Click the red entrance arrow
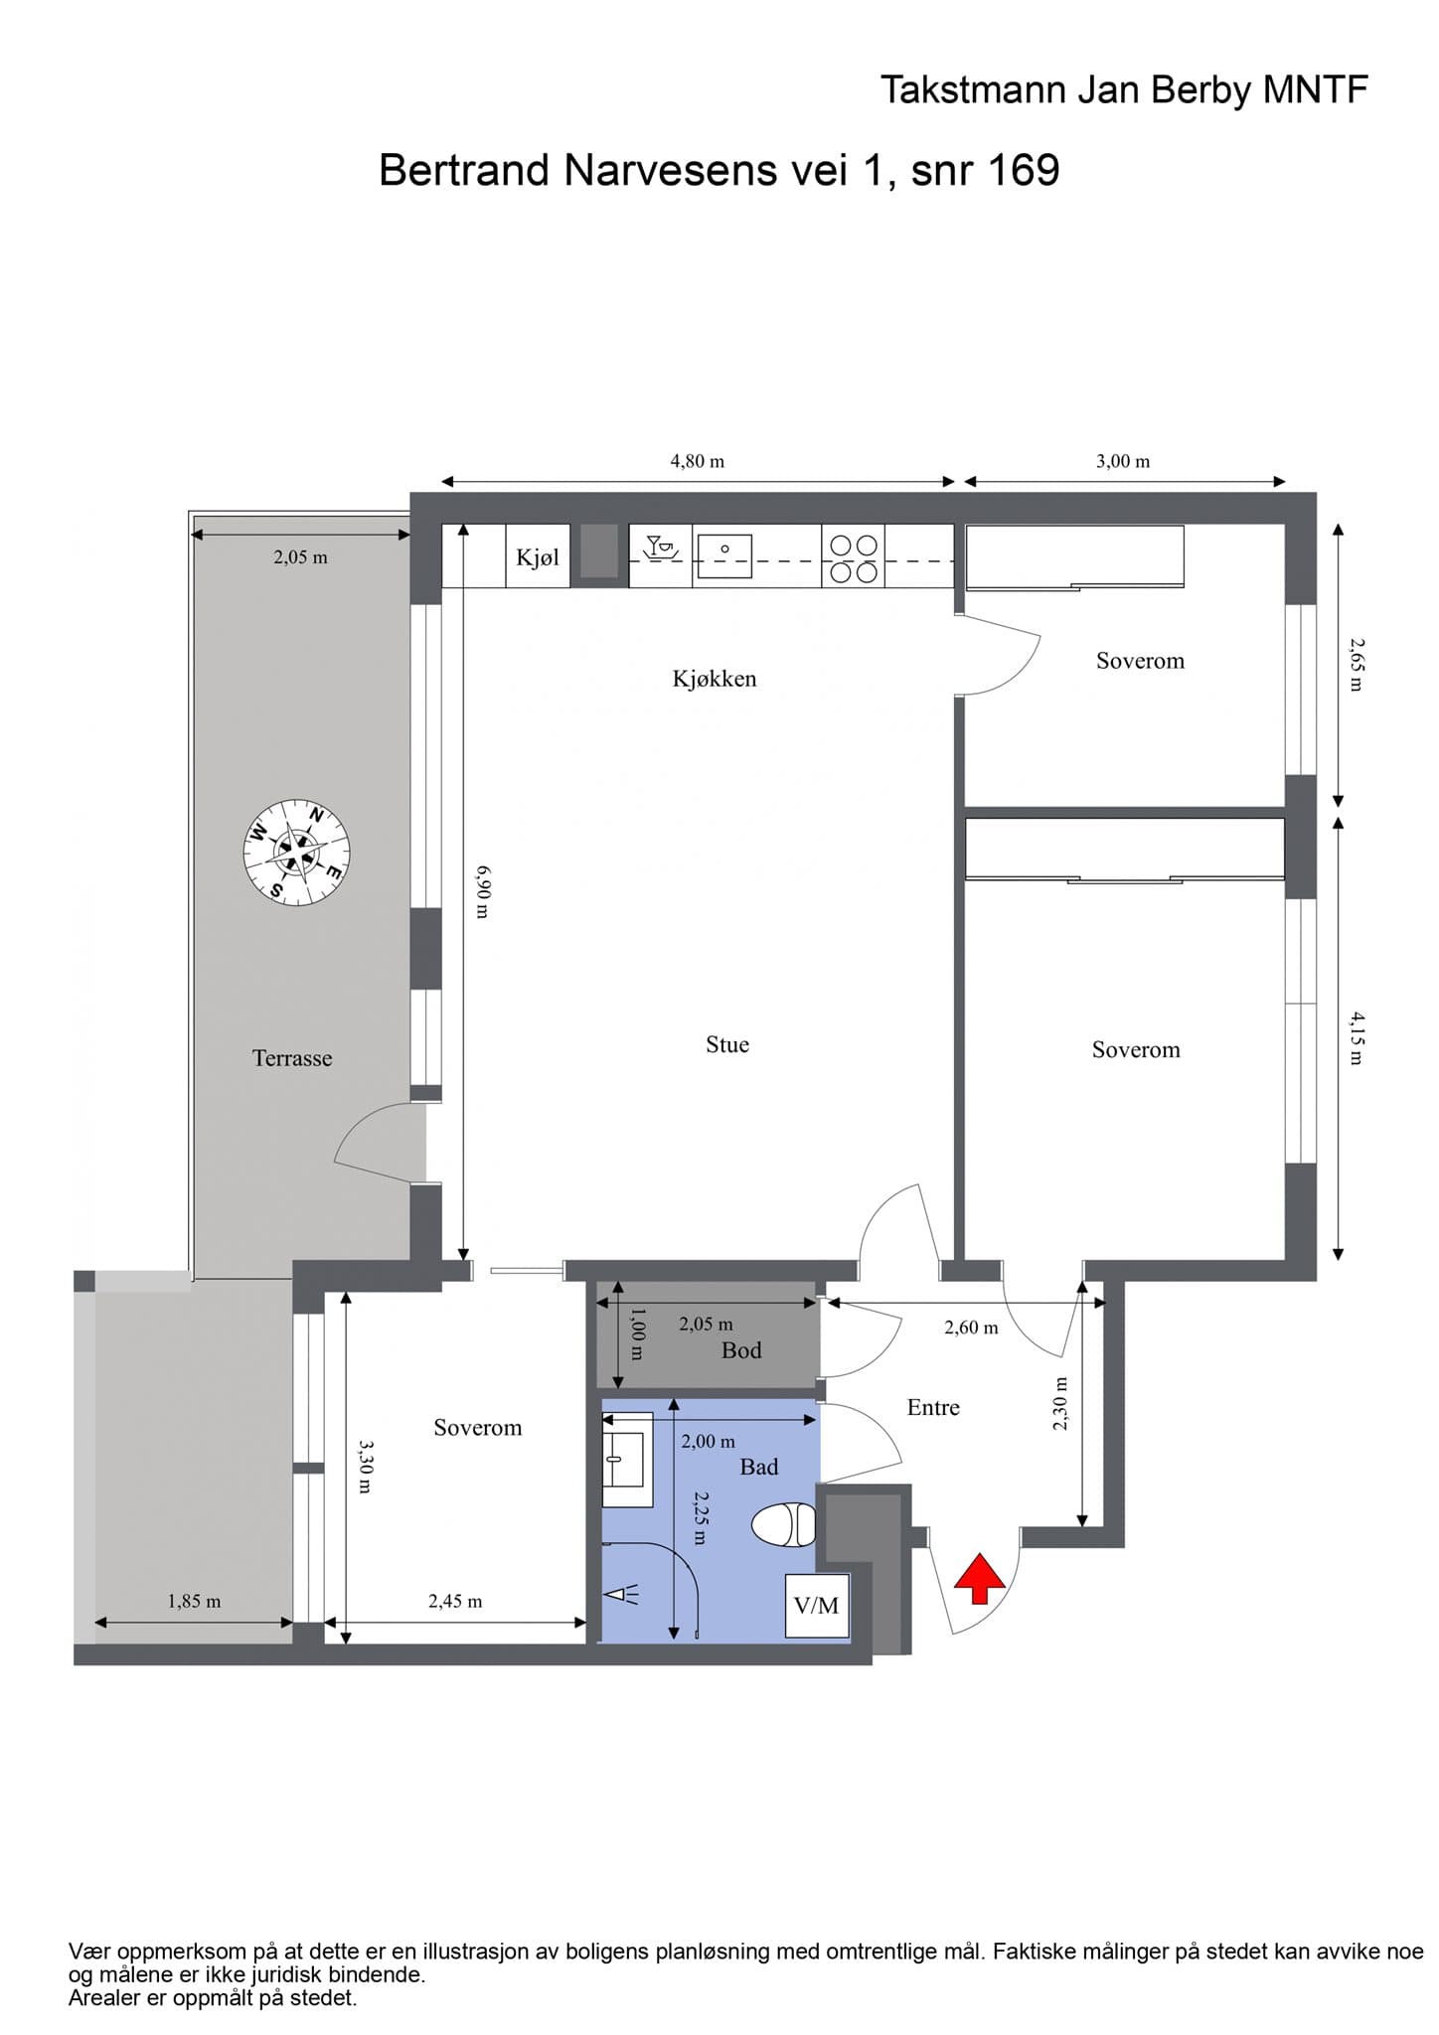(x=979, y=1578)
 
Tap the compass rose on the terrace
(x=297, y=853)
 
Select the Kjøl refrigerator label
(x=538, y=557)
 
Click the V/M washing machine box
(x=817, y=1606)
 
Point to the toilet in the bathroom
(x=784, y=1525)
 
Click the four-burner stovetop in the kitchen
(x=854, y=557)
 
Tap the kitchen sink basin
(x=724, y=555)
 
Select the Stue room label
(x=727, y=1044)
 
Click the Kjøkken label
(x=715, y=679)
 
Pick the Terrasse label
(x=292, y=1058)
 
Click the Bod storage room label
(x=741, y=1350)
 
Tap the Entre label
(x=933, y=1407)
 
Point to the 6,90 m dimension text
(x=483, y=891)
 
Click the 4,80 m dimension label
(x=698, y=461)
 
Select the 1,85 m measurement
(x=194, y=1601)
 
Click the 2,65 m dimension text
(x=1357, y=665)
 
